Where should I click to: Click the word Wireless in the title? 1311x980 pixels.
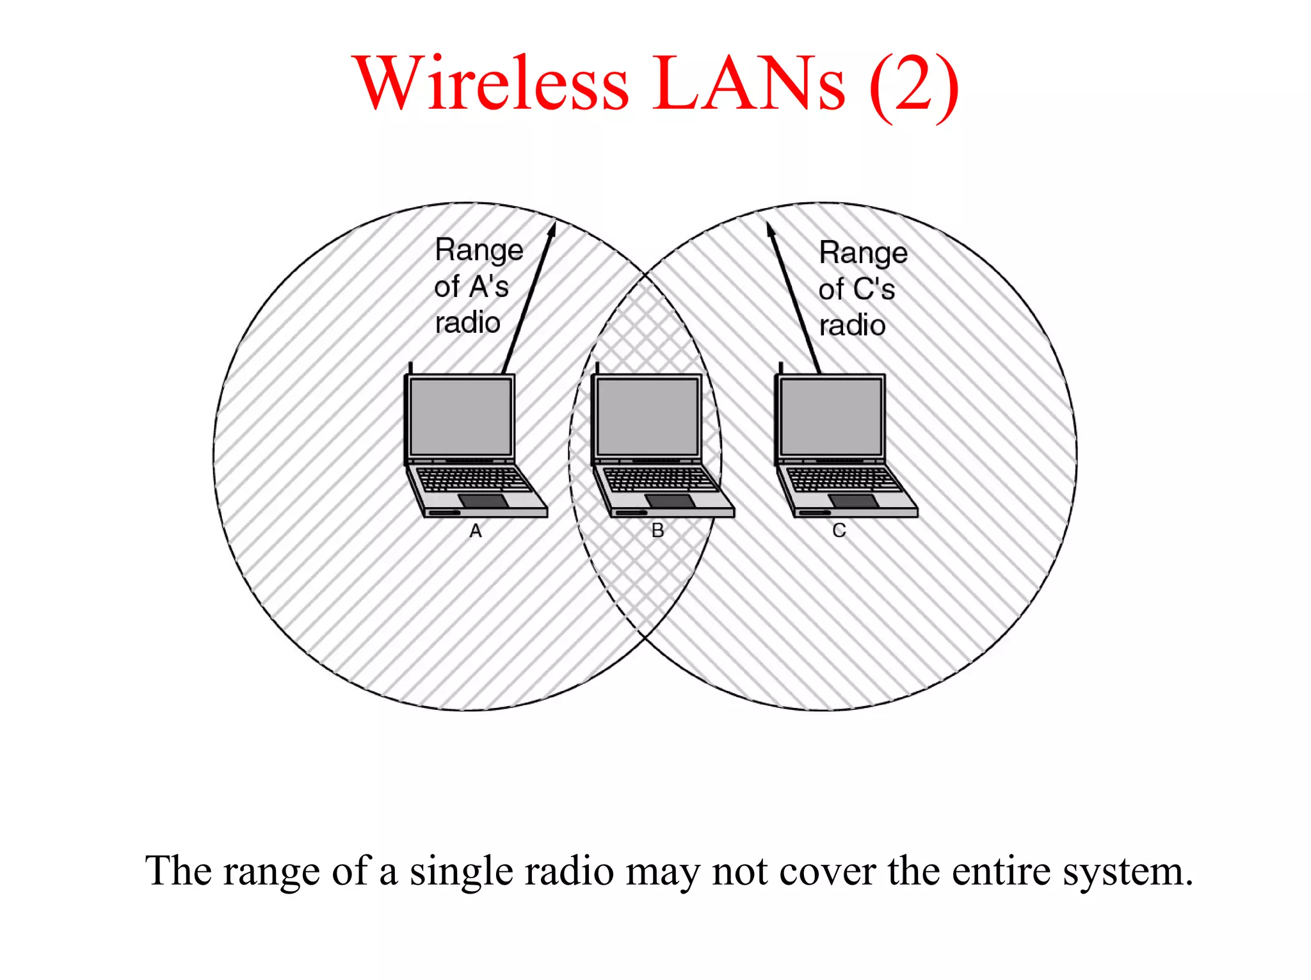[x=493, y=83]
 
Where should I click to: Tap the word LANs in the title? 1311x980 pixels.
[x=749, y=83]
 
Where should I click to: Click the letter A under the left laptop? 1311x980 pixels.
[x=476, y=531]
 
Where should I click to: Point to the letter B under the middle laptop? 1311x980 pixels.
[x=657, y=531]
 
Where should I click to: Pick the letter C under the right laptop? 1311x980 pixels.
[x=839, y=531]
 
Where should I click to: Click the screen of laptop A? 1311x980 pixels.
[x=461, y=416]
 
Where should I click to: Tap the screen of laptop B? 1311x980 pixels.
[x=647, y=416]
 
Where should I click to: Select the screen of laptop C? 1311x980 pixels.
[x=831, y=416]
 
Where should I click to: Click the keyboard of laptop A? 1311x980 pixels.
[x=472, y=479]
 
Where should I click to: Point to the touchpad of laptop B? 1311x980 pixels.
[x=670, y=501]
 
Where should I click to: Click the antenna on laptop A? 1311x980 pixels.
[x=410, y=368]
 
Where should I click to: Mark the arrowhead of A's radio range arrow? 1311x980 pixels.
[x=551, y=229]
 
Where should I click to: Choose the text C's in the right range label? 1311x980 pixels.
[x=873, y=289]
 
